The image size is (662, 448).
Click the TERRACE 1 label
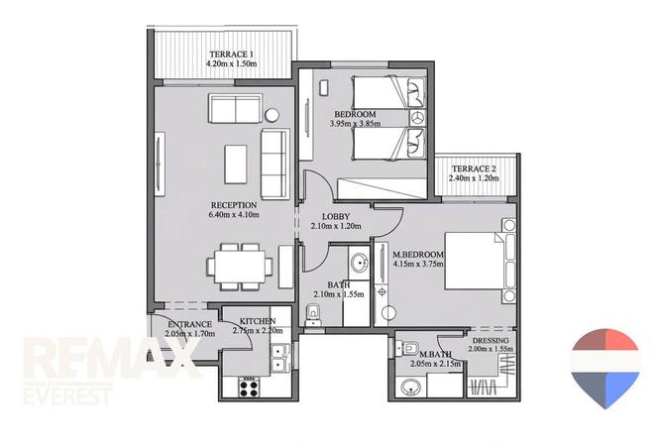[231, 55]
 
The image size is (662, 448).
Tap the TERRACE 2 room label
[474, 168]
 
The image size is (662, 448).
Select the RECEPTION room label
[234, 205]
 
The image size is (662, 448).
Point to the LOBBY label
[336, 217]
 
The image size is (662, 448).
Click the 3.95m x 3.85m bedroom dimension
[355, 124]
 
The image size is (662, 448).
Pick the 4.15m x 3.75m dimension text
[418, 265]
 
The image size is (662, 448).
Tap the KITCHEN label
[257, 321]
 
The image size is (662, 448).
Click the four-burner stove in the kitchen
[249, 388]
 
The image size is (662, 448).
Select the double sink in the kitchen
[279, 357]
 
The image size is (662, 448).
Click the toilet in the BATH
[313, 315]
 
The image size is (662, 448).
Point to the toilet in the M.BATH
[406, 348]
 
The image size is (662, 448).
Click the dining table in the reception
[240, 267]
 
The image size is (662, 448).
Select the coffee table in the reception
[236, 165]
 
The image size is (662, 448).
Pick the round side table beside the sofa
[272, 115]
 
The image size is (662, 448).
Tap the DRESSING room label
[491, 340]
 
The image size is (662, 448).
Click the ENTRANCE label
[189, 324]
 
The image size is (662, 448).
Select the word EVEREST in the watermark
[67, 395]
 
